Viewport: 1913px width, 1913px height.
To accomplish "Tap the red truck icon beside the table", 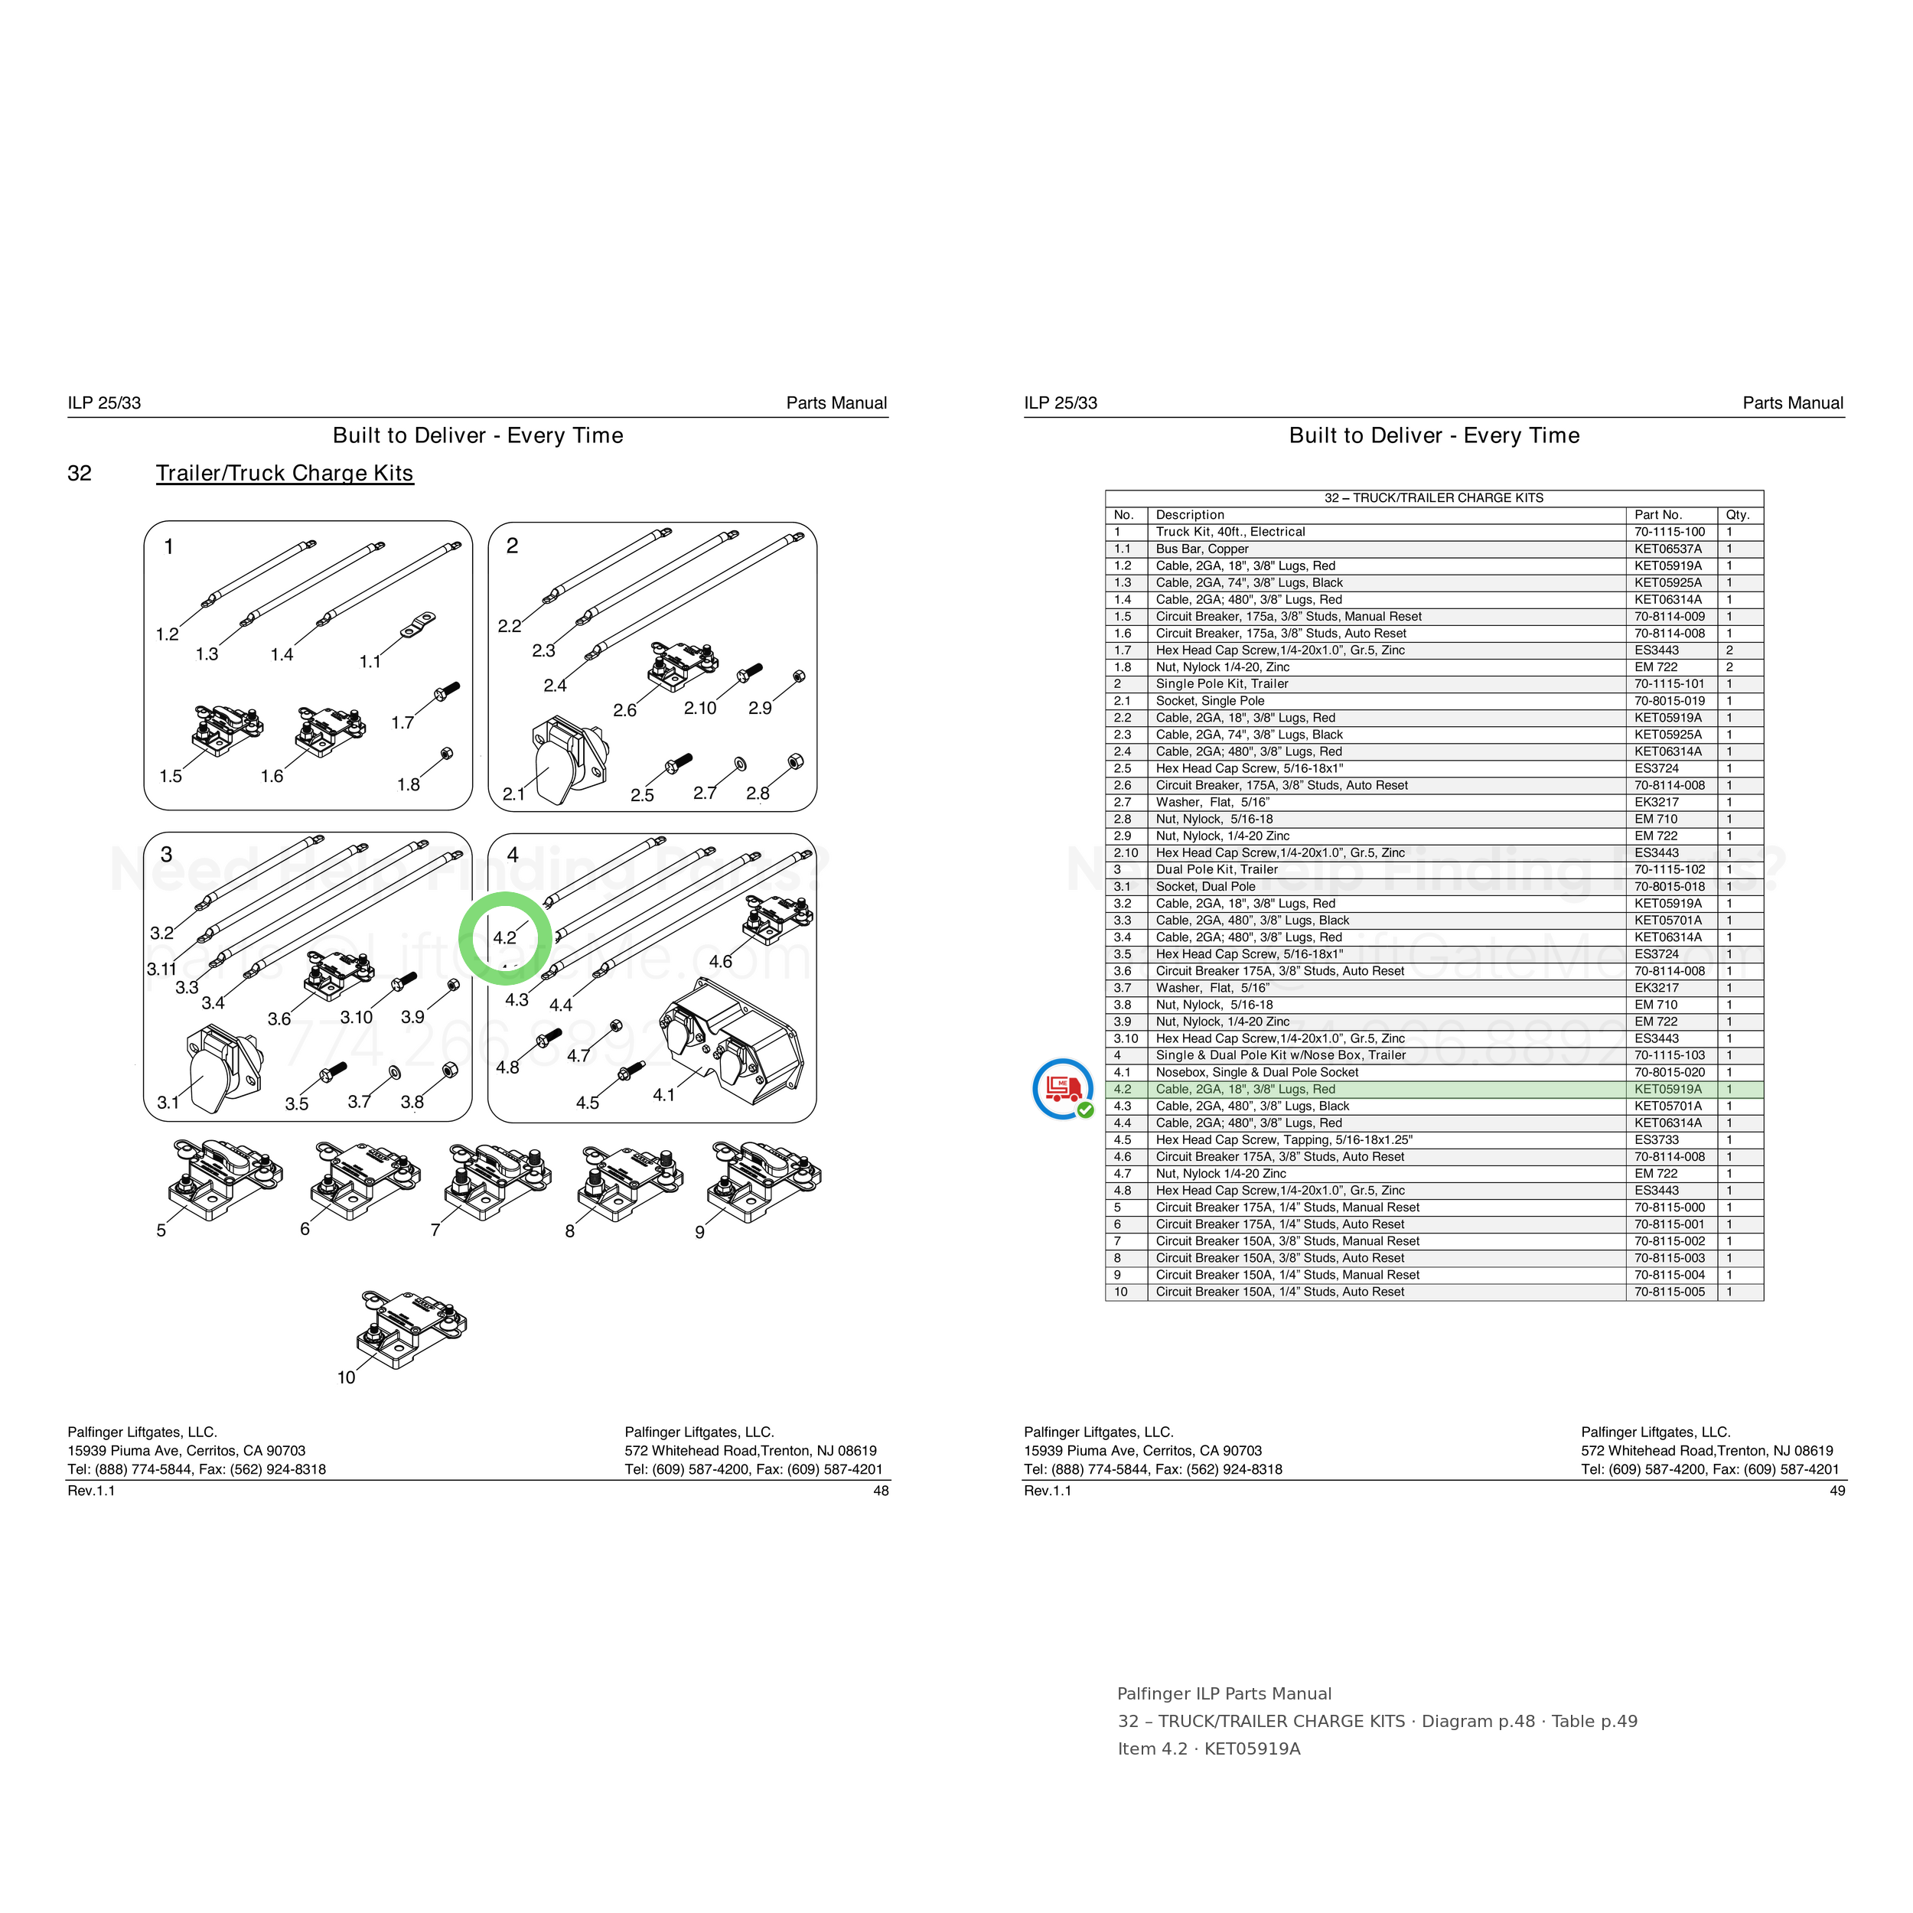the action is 1062,1088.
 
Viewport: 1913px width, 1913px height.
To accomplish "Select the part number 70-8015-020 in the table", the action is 1670,1072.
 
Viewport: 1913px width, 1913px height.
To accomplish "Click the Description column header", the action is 1189,515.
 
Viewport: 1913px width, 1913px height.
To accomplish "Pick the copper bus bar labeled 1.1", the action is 418,626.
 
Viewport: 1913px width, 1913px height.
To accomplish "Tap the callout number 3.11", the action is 161,970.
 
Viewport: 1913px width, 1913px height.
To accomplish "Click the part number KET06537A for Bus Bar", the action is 1667,549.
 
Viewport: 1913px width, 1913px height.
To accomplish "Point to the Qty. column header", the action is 1738,515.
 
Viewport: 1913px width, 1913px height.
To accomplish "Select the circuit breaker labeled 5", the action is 226,1179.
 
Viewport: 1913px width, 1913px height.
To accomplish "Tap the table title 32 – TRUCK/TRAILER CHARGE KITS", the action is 1434,498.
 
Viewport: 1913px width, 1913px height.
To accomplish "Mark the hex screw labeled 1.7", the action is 447,691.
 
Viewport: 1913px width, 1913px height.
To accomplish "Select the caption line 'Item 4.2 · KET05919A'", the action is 1209,1748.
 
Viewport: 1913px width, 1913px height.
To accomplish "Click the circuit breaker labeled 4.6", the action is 778,918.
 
